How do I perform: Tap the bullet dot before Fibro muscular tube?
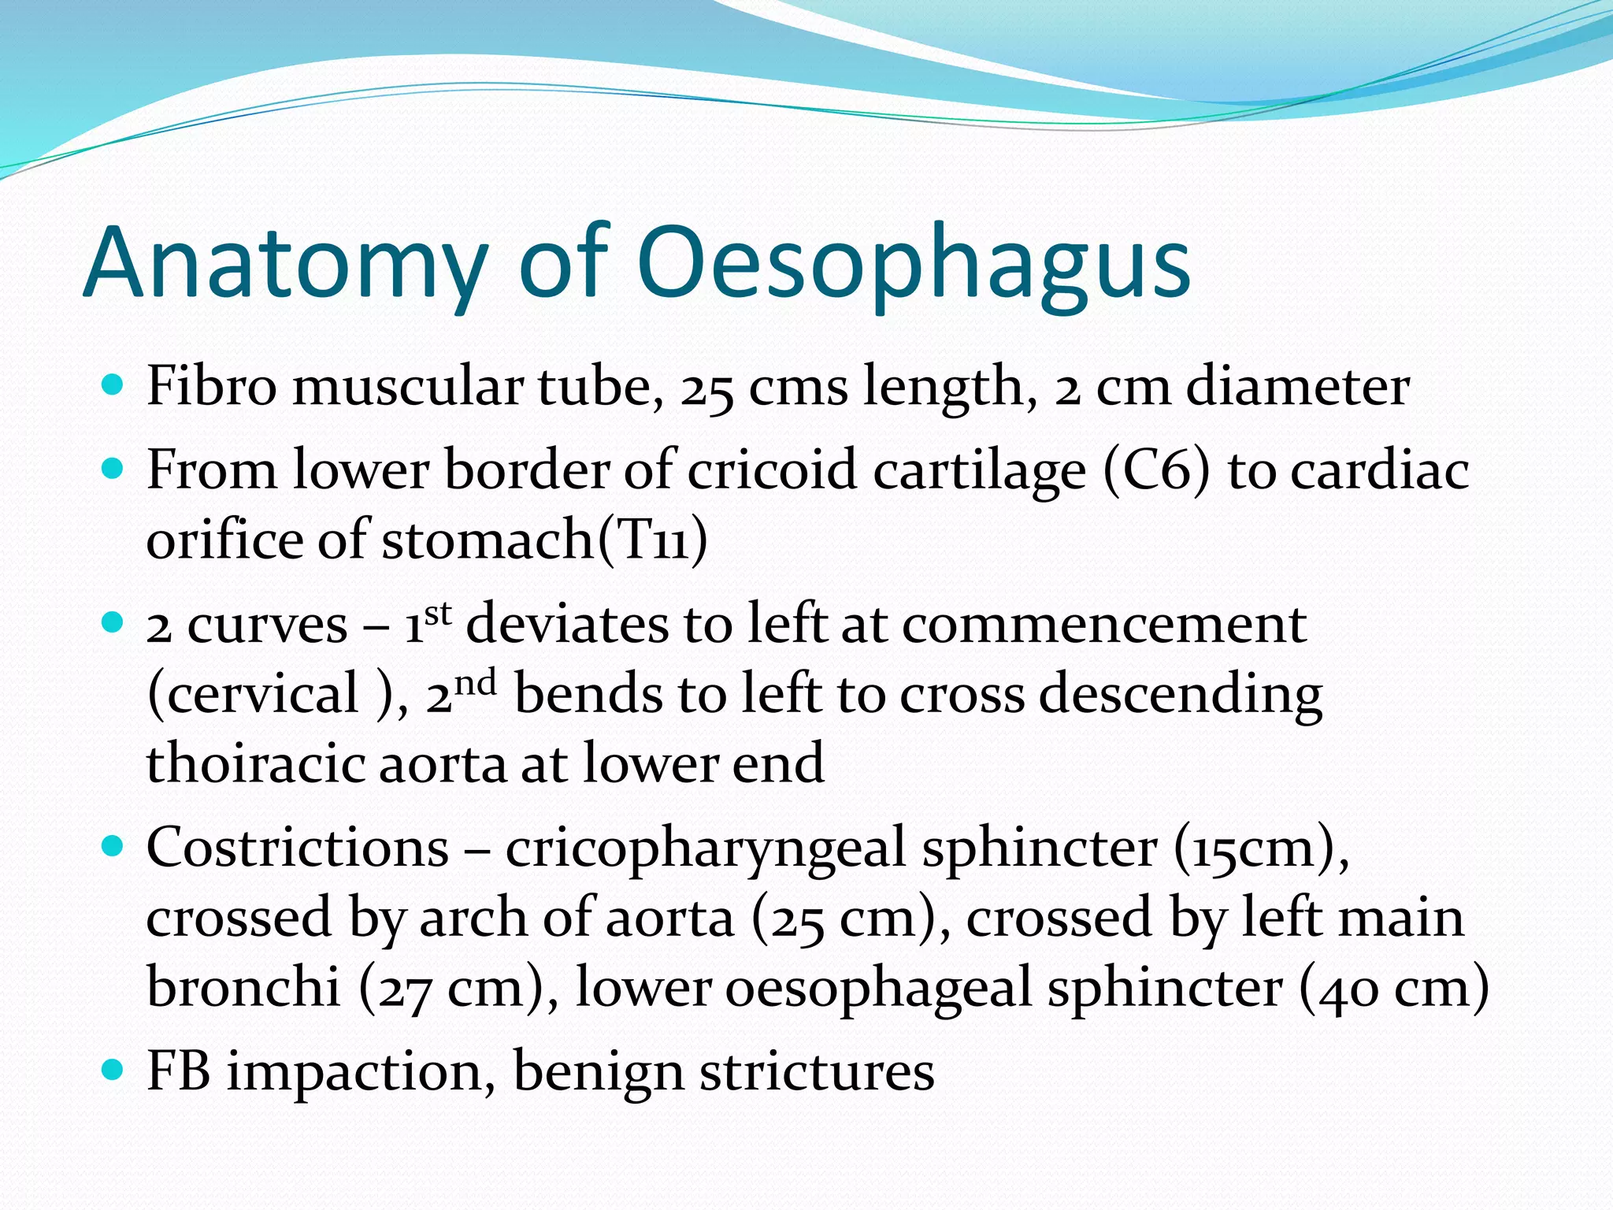tap(113, 386)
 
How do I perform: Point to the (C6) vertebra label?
tap(1155, 470)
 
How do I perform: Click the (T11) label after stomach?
tap(653, 540)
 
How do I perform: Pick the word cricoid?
tap(771, 470)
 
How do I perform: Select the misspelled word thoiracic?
tap(255, 763)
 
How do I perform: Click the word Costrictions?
tap(298, 848)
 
